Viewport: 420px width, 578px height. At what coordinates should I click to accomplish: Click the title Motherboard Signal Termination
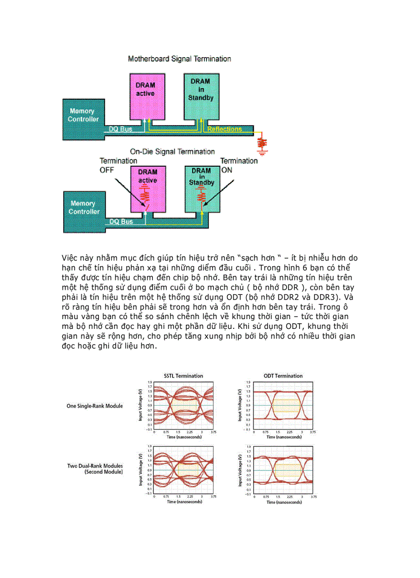179,59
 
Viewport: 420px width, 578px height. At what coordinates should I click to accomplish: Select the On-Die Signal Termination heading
172,152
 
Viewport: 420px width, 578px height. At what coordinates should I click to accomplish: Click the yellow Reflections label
224,129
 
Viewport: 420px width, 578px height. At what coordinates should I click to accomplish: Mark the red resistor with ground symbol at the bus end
262,143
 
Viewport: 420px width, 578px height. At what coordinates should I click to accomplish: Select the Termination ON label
239,165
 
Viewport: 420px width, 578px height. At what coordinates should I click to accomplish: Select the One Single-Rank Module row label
95,406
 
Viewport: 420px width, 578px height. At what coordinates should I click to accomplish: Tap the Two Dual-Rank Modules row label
95,469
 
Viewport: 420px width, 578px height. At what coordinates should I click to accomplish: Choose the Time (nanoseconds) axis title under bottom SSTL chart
184,502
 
